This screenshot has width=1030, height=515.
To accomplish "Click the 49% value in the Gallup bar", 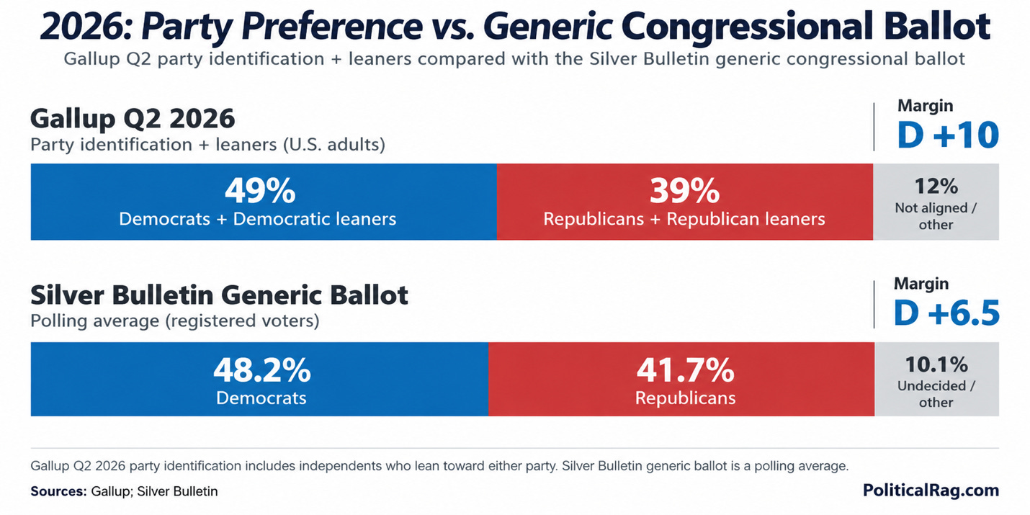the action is pos(260,191).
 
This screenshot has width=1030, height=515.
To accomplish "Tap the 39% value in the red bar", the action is pos(684,191).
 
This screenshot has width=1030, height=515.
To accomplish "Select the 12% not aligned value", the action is pos(936,187).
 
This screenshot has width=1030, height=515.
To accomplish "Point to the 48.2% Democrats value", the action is pos(261,370).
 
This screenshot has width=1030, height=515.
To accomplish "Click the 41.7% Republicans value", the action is pos(685,370).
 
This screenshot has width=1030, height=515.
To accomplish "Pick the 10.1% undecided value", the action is pos(936,364).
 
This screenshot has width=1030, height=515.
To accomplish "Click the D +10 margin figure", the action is pos(948,135).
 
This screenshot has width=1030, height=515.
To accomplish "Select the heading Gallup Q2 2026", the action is pos(133,119).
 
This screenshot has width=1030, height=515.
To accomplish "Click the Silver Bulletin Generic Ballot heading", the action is pos(220,295).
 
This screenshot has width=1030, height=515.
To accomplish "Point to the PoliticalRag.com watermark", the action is pos(931,491).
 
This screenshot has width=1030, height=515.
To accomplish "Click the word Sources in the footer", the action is pos(58,491).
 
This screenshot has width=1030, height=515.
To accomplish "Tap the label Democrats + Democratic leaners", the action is pos(258,219).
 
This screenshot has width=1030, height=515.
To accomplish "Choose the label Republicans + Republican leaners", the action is pos(684,219).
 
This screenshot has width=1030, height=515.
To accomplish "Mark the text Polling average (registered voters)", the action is pos(175,321).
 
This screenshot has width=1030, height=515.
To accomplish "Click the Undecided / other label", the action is pos(936,394).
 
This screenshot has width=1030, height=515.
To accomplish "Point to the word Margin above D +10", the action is pos(925,106).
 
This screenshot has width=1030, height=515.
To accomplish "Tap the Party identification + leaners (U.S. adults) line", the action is pos(208,144).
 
